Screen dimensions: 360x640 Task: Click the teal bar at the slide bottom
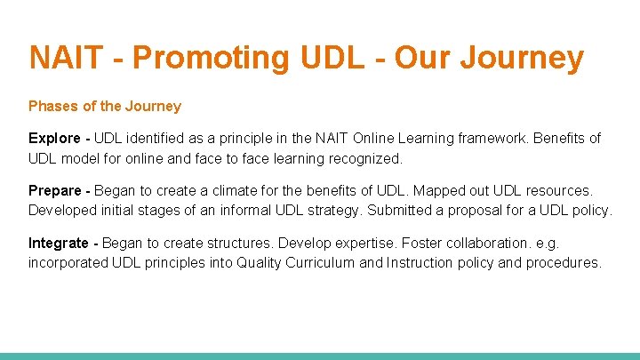[x=320, y=356]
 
